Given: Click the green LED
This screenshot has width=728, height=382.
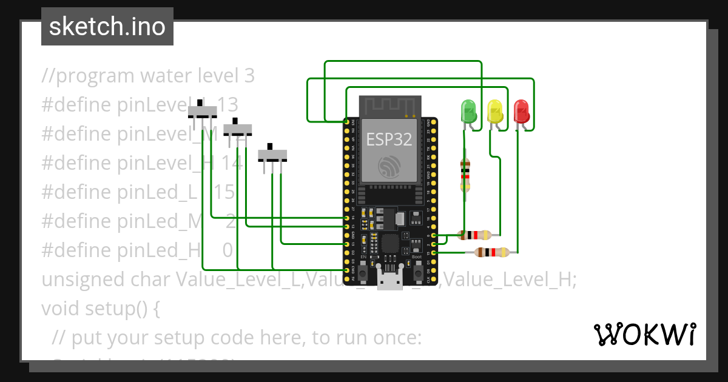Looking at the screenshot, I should (469, 112).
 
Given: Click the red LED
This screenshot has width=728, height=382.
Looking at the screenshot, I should (521, 111).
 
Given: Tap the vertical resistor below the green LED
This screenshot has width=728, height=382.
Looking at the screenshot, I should (465, 175).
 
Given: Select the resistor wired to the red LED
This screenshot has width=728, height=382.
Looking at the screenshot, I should (492, 252).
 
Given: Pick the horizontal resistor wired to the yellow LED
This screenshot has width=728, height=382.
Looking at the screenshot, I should (475, 235).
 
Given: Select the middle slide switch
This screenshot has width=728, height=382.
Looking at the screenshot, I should (238, 129).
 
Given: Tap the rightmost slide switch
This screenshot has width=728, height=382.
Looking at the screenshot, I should (272, 155).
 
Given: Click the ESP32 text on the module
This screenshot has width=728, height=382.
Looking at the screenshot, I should (389, 140).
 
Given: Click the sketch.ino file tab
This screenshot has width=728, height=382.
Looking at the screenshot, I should (107, 27).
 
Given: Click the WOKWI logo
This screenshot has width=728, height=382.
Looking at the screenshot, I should (644, 334).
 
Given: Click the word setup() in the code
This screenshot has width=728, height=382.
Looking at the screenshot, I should (125, 309).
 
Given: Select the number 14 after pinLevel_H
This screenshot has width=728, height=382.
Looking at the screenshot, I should (232, 163).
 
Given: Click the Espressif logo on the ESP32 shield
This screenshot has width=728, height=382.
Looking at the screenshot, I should (389, 166).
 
